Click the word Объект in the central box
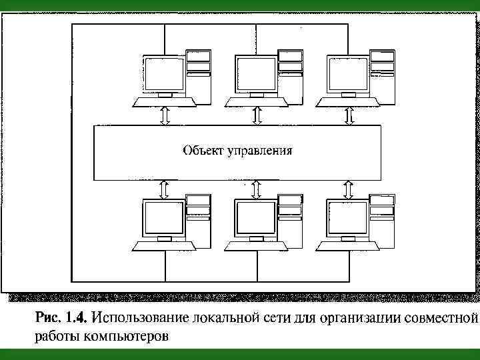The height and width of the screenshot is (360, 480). coord(203,151)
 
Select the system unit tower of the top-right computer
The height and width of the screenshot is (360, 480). coord(381,73)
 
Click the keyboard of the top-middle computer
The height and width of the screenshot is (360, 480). coord(257,101)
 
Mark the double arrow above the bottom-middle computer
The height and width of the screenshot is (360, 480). coord(257,188)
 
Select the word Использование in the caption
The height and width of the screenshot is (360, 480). coord(142,315)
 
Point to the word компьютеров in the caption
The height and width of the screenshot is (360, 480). coord(127,335)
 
